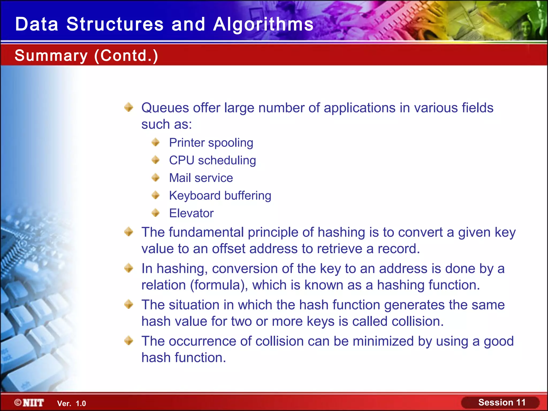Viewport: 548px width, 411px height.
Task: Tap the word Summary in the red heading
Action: pos(51,56)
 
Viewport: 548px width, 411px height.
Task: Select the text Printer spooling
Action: pos(211,143)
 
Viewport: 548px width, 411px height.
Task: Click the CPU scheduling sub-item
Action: pos(212,160)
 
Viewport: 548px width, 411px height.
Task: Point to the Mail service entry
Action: pos(201,178)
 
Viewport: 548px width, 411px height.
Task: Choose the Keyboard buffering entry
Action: pos(220,196)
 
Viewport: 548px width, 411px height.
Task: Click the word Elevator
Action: pos(191,213)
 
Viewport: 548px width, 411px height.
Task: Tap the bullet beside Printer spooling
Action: pos(155,142)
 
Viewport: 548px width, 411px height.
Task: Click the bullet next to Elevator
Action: pos(155,213)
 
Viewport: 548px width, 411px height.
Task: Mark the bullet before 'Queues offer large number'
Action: pos(129,107)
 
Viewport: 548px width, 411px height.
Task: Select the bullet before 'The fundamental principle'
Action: pos(129,232)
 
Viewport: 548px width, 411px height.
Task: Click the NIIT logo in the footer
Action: pos(29,403)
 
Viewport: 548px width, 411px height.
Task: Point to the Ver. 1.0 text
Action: pos(71,404)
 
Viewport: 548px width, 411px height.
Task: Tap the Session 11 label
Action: pos(502,402)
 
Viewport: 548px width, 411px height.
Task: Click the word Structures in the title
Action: pos(115,24)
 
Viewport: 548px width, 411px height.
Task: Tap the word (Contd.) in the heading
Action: pos(126,56)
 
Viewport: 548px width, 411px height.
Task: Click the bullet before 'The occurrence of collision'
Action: pos(129,341)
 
